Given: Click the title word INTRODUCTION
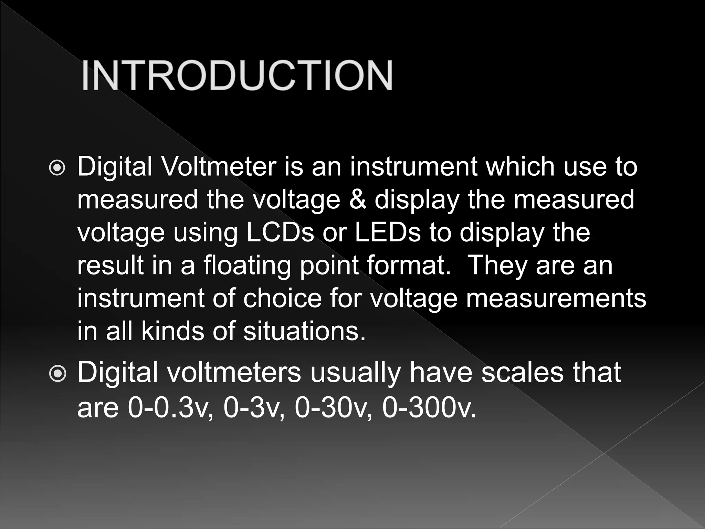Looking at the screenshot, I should pos(237,75).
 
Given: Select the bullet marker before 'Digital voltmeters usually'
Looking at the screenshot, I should pos(57,374).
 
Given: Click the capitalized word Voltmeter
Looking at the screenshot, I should pos(219,167).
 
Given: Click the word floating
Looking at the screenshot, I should pos(247,266).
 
